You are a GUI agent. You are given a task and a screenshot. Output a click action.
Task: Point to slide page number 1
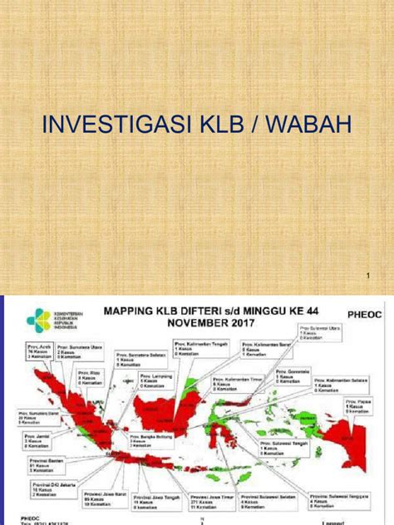pos(367,274)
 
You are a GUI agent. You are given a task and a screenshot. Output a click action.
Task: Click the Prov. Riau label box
pos(88,377)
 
